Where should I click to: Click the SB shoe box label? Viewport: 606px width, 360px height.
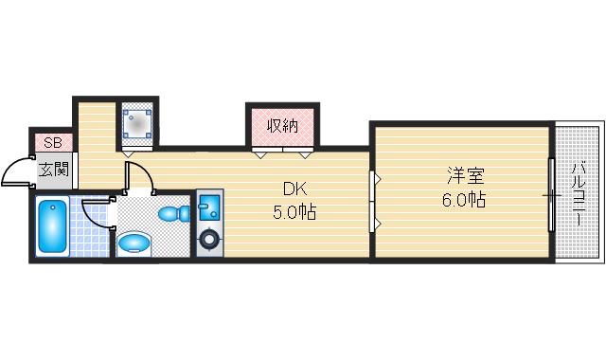53,143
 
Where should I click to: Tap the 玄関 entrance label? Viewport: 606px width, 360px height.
53,171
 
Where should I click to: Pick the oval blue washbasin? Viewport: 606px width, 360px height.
135,243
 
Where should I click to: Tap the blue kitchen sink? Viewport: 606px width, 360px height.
207,206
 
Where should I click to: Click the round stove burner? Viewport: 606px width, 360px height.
207,240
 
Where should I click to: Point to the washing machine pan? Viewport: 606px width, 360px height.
140,122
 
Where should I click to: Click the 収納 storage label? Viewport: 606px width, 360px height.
282,125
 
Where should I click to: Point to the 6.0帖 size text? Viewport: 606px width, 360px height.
464,200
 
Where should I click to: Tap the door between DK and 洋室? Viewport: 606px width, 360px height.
374,201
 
